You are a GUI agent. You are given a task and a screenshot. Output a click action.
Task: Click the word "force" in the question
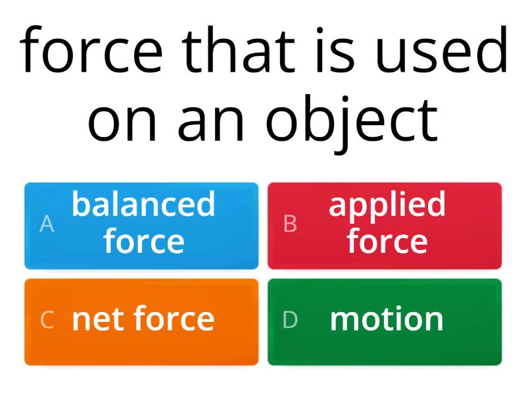pos(91,51)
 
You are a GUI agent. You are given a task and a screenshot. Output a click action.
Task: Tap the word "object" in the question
pos(351,122)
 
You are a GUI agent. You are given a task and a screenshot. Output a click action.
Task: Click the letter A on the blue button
pos(47,224)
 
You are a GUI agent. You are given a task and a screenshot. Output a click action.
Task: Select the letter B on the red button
pos(290,224)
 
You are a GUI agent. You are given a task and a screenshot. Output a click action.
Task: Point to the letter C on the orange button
pos(47,320)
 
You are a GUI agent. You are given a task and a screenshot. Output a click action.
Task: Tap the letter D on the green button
pos(290,320)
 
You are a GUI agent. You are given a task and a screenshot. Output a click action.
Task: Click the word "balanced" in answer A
pos(143,205)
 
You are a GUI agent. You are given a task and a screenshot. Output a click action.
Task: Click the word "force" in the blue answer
pos(143,242)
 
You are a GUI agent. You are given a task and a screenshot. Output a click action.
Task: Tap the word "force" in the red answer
pos(387,242)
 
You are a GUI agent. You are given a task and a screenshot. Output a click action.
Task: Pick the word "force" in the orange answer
pos(174,319)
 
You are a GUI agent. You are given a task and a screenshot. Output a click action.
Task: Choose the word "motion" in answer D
pos(387,320)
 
